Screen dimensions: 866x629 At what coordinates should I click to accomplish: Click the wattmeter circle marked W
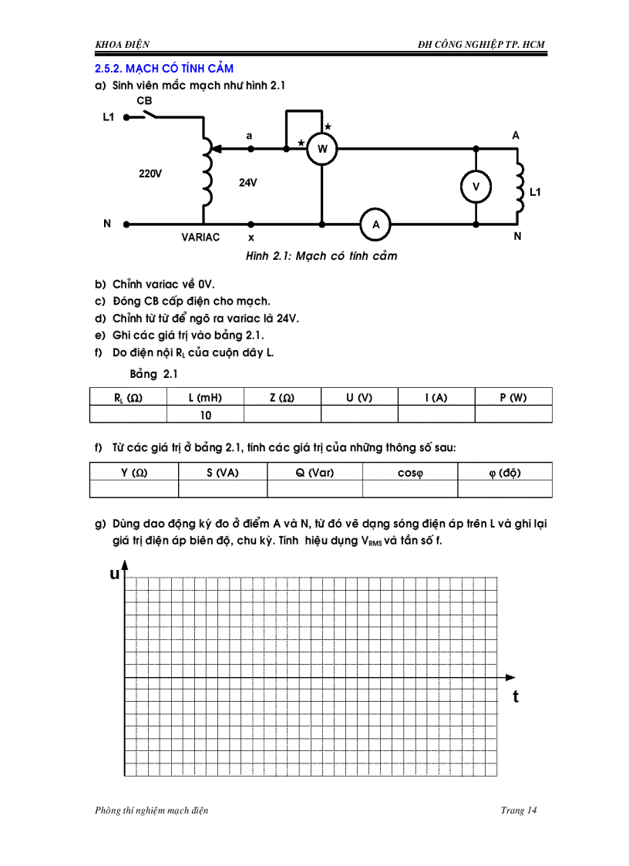click(x=322, y=148)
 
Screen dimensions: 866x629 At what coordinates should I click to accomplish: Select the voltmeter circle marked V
click(x=476, y=187)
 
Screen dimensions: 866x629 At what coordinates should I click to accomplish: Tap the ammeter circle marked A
click(x=376, y=224)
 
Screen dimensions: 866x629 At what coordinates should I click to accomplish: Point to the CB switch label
click(x=144, y=101)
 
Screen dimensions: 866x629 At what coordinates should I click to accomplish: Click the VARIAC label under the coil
click(x=200, y=238)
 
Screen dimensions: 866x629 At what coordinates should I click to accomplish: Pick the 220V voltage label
click(x=150, y=174)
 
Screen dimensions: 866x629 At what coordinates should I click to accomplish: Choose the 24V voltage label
click(x=247, y=183)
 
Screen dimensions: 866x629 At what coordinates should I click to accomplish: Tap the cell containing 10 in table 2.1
click(x=205, y=415)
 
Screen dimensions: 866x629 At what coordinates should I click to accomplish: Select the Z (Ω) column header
click(x=282, y=398)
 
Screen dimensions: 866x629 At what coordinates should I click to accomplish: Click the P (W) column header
click(x=513, y=398)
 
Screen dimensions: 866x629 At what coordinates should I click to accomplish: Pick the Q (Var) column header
click(x=314, y=473)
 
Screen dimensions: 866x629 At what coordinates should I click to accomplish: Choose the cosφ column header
click(x=410, y=473)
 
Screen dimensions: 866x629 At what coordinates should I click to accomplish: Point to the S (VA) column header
click(x=223, y=473)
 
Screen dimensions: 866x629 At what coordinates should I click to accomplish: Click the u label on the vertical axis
click(x=114, y=574)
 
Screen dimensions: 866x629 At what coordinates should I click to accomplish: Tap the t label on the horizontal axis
click(x=516, y=696)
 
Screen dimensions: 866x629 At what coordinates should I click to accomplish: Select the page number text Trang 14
click(x=518, y=810)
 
